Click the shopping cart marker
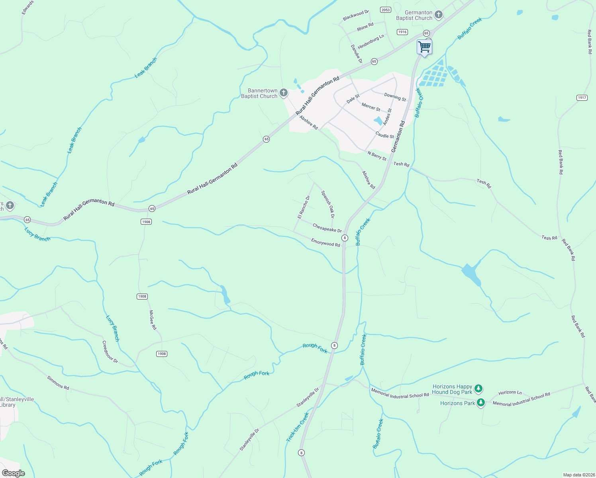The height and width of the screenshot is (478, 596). coord(424,47)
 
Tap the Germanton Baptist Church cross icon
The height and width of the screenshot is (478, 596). coord(438,15)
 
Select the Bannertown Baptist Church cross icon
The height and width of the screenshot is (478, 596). coord(283,93)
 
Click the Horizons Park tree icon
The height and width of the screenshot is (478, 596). coord(481,403)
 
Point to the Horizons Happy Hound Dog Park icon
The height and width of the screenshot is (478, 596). coord(478,389)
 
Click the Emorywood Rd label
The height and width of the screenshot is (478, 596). coord(325,243)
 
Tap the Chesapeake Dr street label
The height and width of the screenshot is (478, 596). coord(327,228)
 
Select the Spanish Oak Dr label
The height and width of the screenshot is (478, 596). coord(327,204)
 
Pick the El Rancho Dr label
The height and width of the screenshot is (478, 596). coord(304,207)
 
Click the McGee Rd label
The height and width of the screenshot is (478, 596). coord(153,320)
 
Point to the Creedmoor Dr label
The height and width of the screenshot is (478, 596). coord(110,352)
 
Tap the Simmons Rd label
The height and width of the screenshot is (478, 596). coord(58,382)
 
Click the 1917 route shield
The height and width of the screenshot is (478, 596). coord(582,98)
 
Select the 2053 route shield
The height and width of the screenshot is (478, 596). coord(385,10)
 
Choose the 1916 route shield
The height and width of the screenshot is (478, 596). coord(402,32)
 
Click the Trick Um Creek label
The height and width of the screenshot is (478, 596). coord(298,427)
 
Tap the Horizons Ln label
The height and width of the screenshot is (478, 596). coord(510,392)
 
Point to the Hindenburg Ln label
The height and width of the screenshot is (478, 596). coord(371,41)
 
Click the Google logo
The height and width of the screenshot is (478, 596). coord(13,473)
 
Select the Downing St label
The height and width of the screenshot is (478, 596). coord(395,97)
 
